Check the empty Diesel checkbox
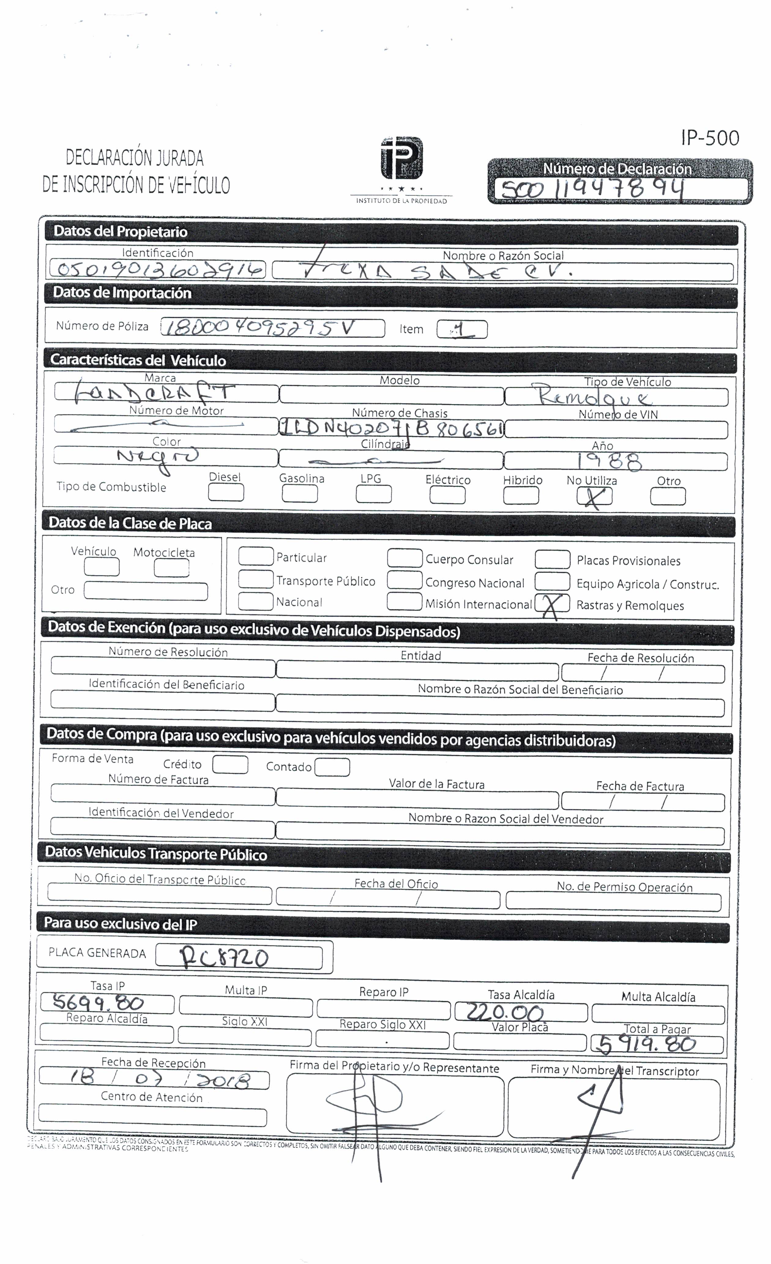(226, 493)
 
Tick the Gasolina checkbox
(300, 493)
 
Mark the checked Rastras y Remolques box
(552, 604)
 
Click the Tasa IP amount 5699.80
(99, 1002)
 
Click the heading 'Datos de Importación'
(122, 293)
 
